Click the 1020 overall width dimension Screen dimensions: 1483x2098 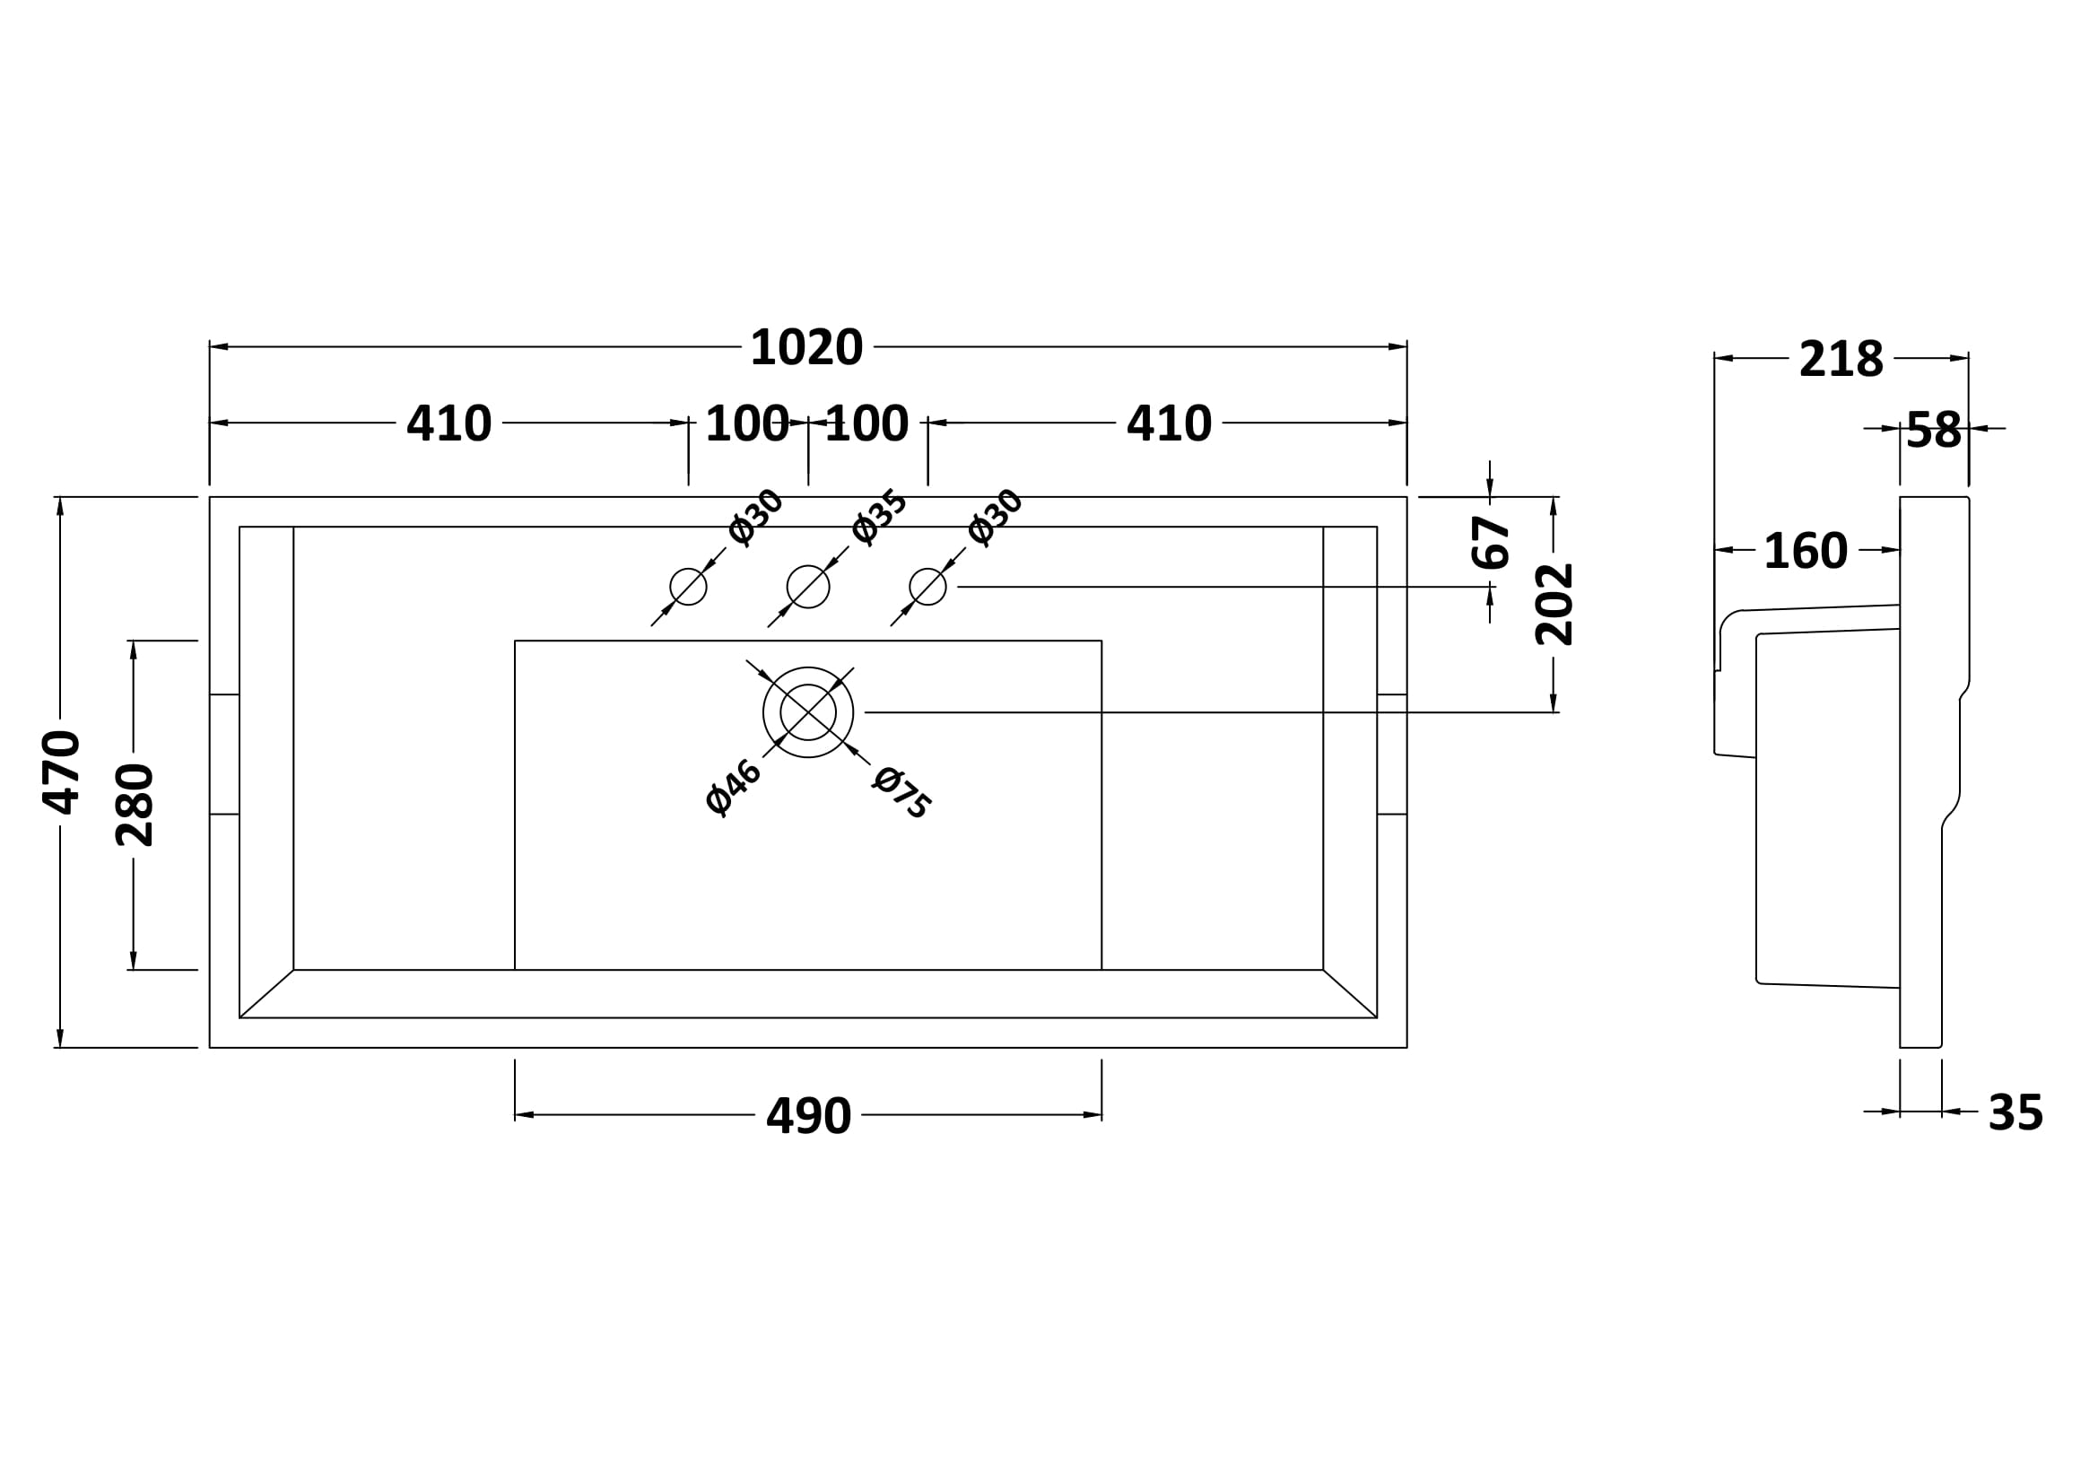806,348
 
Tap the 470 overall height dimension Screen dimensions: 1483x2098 61,772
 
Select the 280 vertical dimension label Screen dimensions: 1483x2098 135,805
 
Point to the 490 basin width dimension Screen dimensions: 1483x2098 808,1116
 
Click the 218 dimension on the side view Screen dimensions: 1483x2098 1841,359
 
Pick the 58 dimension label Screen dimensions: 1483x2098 1934,431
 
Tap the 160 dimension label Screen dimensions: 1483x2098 1806,551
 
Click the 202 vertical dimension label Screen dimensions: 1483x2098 1554,605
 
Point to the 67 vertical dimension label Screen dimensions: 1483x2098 1491,543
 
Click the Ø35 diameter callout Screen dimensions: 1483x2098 878,517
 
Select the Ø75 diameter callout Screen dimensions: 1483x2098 901,792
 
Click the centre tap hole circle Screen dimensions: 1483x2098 808,587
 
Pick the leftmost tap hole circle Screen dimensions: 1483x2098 688,587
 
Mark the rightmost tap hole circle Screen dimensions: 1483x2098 927,587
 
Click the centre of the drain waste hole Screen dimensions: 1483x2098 808,712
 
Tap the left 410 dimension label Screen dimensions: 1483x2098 448,424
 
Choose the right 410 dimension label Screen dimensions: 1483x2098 1169,424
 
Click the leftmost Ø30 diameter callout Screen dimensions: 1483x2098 755,516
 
